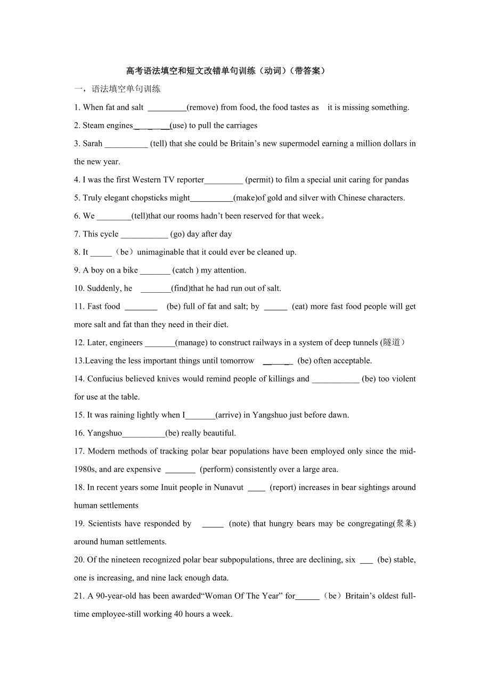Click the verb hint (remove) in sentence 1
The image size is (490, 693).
pos(202,108)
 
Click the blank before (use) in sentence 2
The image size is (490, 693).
pos(152,126)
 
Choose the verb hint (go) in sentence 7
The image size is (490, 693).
pos(177,234)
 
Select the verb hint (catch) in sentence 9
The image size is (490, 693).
pos(185,270)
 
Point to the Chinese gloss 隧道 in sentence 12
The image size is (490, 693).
pos(391,343)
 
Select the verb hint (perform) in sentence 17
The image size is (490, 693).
pos(216,469)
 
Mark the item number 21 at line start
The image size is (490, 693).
pos(79,596)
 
